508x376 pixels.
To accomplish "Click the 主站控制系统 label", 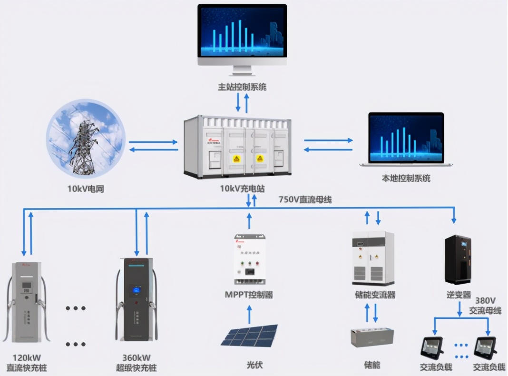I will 242,87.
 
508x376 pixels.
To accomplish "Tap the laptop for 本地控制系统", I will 406,139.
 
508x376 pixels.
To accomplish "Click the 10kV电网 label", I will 86,189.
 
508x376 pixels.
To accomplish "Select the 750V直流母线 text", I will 305,200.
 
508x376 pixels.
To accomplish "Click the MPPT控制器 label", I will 249,295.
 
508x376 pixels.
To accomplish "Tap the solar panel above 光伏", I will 249,336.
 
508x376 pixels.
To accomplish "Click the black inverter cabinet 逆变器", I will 458,259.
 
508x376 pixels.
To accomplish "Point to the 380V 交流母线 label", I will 485,306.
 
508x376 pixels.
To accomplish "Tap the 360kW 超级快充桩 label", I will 137,363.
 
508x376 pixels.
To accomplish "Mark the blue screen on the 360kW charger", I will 137,290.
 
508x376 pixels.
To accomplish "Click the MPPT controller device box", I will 249,259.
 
